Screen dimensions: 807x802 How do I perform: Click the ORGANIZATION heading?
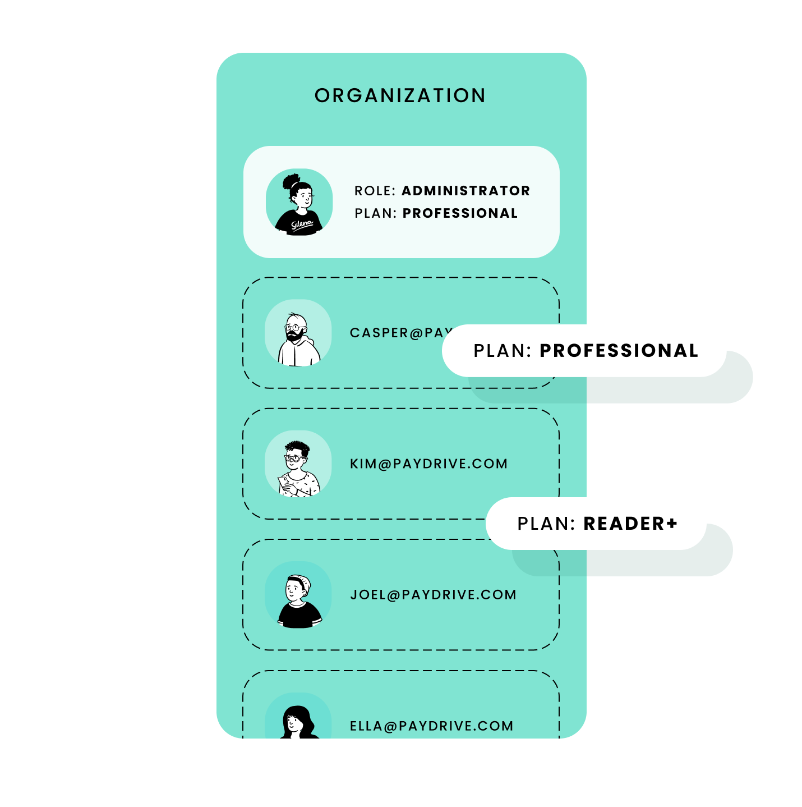400,96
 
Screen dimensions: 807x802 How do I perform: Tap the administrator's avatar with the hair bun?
299,201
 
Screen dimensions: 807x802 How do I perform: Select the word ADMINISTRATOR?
465,191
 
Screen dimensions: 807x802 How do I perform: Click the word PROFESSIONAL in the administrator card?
460,213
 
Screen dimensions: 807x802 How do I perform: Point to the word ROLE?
375,191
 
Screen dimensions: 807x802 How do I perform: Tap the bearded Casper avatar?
298,333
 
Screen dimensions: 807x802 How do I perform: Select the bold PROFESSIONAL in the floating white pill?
619,351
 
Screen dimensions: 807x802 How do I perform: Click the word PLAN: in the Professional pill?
503,351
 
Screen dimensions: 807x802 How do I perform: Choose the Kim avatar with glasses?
298,464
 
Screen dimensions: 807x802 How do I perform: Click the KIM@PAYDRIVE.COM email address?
428,464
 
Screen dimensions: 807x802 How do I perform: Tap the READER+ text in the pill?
630,524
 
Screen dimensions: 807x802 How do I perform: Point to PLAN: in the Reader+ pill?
546,524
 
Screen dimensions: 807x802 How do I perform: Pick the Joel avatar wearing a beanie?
298,595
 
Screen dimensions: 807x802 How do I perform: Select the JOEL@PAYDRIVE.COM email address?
433,595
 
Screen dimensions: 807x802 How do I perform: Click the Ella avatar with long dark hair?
298,721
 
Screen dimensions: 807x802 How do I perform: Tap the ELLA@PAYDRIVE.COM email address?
431,726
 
